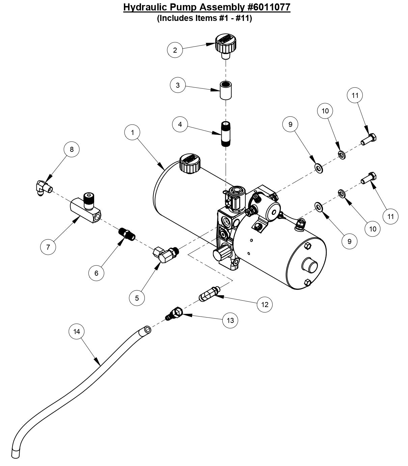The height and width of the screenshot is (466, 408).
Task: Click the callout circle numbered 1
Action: point(133,132)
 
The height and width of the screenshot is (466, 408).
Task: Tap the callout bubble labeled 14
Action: point(77,331)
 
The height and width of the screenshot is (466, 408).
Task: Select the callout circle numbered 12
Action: point(265,304)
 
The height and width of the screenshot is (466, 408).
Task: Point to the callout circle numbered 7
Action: point(48,247)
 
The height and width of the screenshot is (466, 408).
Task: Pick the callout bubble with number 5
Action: point(137,298)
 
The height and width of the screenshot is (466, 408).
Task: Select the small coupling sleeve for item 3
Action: point(225,90)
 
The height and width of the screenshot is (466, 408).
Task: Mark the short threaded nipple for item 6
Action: point(127,233)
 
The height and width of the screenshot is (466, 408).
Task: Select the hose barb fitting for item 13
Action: point(175,313)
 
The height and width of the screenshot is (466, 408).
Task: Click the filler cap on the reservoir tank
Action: point(190,162)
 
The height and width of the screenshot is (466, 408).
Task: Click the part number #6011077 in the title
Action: point(266,7)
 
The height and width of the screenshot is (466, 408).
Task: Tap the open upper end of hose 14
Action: point(147,330)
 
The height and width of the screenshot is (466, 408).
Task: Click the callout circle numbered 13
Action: point(230,320)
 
